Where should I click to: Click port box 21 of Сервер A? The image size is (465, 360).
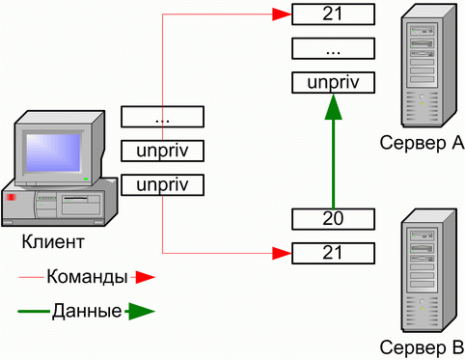click(333, 14)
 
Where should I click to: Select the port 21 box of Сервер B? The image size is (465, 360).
click(333, 253)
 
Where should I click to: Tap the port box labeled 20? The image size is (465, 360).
click(333, 219)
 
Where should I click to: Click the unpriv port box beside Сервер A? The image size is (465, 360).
click(333, 83)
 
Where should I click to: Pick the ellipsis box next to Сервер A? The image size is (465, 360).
click(333, 48)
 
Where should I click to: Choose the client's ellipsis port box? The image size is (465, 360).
click(162, 117)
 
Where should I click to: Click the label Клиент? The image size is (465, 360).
click(53, 241)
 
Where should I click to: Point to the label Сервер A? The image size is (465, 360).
click(422, 143)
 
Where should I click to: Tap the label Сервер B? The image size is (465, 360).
click(422, 347)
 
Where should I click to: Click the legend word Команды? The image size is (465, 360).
click(88, 276)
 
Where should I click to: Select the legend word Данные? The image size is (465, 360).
click(87, 311)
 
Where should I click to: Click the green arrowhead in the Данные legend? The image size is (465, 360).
click(142, 311)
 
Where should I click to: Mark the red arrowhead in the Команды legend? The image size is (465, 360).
click(145, 277)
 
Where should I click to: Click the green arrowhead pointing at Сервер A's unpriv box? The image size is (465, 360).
click(333, 106)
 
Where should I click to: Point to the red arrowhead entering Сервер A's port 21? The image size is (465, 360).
click(282, 14)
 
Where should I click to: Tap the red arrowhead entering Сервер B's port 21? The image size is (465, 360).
click(282, 253)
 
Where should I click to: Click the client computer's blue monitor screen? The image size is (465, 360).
click(53, 152)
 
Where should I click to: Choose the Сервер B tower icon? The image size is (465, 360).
click(429, 270)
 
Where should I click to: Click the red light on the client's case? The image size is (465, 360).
click(11, 197)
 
